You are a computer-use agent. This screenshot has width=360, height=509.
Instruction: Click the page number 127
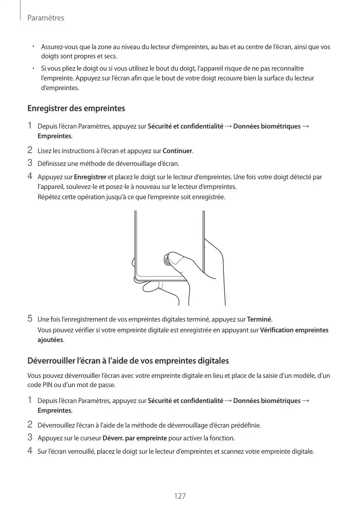click(179, 496)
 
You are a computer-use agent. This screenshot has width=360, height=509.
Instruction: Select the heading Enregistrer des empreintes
click(76, 109)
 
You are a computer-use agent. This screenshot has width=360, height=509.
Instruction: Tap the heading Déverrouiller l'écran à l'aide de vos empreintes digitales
click(128, 360)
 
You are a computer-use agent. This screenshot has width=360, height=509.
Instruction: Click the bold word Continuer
click(177, 151)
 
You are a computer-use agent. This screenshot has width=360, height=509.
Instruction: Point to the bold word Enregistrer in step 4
click(90, 178)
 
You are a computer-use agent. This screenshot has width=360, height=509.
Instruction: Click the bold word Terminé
click(260, 320)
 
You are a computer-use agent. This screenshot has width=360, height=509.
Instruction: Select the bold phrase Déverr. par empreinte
click(135, 438)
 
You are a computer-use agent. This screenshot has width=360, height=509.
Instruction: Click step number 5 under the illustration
click(30, 319)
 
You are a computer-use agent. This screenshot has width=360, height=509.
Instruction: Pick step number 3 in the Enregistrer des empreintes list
click(30, 163)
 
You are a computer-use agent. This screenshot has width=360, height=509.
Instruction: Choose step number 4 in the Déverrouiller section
click(30, 451)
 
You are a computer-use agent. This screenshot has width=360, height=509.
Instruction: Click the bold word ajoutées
click(51, 340)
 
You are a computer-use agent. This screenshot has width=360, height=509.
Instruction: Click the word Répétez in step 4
click(49, 197)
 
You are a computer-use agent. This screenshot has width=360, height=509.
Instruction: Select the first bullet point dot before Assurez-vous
click(32, 46)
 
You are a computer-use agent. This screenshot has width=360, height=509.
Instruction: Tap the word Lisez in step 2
click(46, 151)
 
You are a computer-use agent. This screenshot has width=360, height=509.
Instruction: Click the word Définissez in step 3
click(53, 164)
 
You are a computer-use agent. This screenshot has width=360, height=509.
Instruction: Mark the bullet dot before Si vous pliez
click(32, 68)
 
